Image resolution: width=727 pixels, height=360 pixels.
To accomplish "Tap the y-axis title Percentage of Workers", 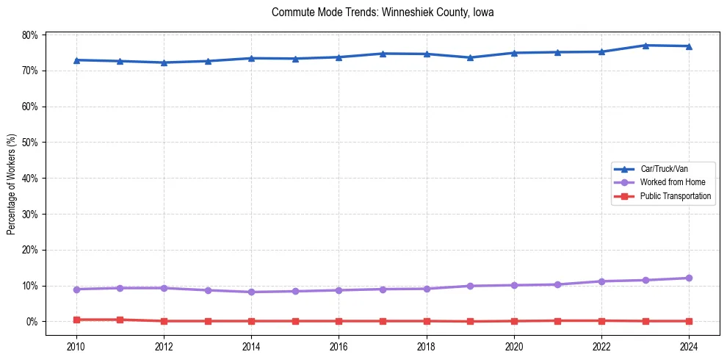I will pyautogui.click(x=12, y=184).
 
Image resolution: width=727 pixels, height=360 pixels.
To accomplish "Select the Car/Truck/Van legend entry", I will pyautogui.click(x=664, y=169).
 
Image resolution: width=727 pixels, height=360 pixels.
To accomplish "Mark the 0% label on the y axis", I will pyautogui.click(x=33, y=322).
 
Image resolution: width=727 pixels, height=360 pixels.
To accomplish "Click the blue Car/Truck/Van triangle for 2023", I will pyautogui.click(x=645, y=46).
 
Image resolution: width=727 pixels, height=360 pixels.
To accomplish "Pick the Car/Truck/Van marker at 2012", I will pyautogui.click(x=164, y=62).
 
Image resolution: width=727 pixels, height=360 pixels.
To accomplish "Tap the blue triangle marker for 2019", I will pyautogui.click(x=470, y=57).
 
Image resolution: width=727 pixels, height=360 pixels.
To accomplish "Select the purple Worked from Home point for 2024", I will pyautogui.click(x=689, y=278).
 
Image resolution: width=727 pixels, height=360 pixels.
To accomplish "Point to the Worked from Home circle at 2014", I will pyautogui.click(x=251, y=292).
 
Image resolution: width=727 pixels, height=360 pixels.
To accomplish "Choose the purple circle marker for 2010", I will pyautogui.click(x=76, y=289).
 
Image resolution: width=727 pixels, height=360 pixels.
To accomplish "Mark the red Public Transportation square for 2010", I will pyautogui.click(x=76, y=320).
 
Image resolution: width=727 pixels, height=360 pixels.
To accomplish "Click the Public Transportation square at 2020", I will pyautogui.click(x=514, y=321).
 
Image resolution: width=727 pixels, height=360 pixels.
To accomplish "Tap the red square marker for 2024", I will pyautogui.click(x=689, y=321).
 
